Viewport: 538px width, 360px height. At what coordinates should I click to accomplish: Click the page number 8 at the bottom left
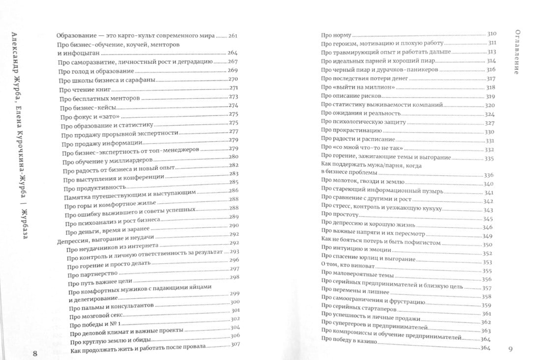(x=34, y=354)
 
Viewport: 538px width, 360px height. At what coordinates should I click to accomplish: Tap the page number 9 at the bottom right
(x=510, y=349)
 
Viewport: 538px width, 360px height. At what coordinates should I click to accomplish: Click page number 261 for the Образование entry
(x=233, y=36)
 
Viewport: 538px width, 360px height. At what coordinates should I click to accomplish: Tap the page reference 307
(x=234, y=344)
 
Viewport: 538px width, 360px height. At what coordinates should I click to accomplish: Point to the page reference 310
(x=492, y=34)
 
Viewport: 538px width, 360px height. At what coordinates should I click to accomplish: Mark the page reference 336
(x=488, y=175)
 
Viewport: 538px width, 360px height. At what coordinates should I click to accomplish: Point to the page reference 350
(x=487, y=244)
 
